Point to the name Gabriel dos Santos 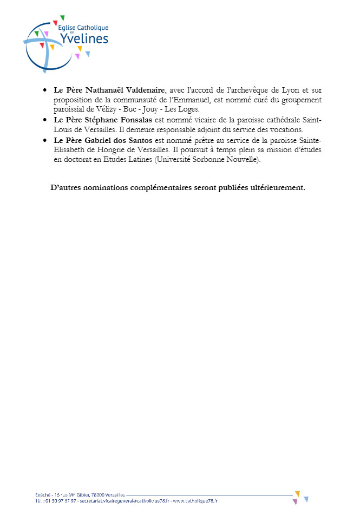(122, 141)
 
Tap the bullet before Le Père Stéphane (45, 121)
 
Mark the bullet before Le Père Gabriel (45, 141)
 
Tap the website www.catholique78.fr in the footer (195, 501)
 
